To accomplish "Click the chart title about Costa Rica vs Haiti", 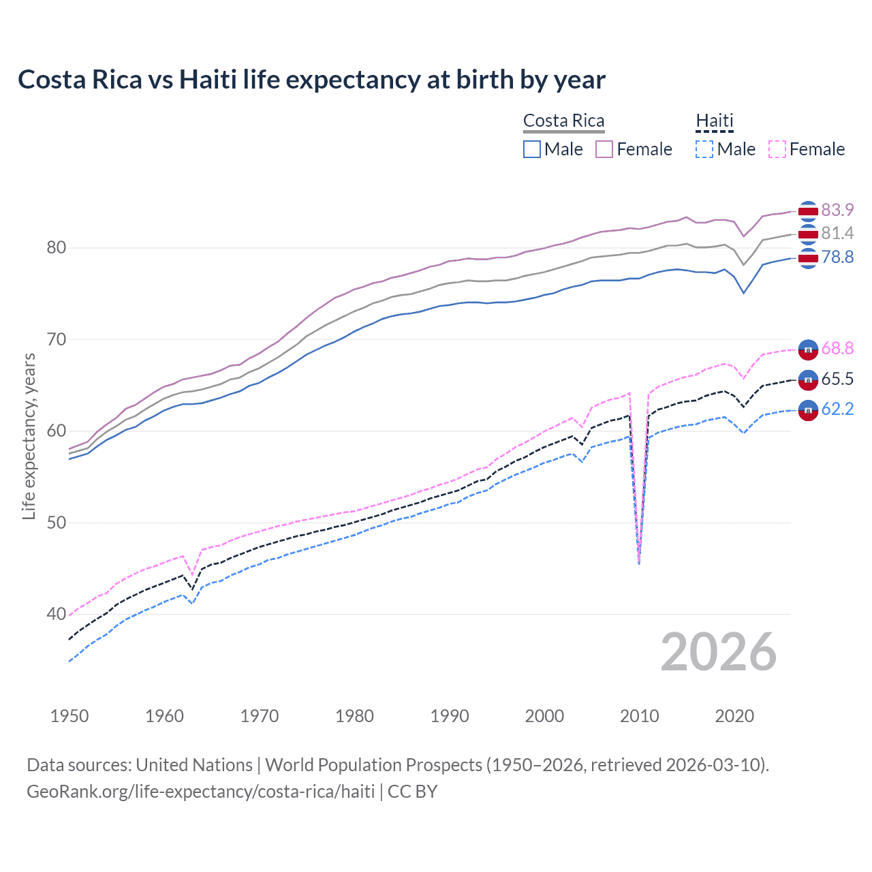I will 311,80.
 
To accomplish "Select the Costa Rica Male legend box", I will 532,149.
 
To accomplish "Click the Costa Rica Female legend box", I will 604,149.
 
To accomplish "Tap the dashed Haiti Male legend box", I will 704,149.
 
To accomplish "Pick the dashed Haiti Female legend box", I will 777,149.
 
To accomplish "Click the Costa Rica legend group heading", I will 563,121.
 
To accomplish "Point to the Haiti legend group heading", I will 714,121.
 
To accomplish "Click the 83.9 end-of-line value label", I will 837,210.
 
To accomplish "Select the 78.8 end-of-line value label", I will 837,257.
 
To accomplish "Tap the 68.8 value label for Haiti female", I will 837,349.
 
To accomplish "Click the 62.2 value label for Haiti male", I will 837,409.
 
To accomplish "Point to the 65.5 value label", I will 837,379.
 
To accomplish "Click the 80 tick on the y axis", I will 57,247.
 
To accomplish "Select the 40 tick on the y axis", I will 57,614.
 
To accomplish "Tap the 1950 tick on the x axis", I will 69,716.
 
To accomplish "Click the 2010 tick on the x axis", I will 639,716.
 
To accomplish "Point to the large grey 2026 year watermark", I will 718,652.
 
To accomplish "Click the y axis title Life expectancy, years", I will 29,436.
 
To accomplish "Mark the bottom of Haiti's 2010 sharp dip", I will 639,563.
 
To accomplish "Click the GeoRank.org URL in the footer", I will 200,792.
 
